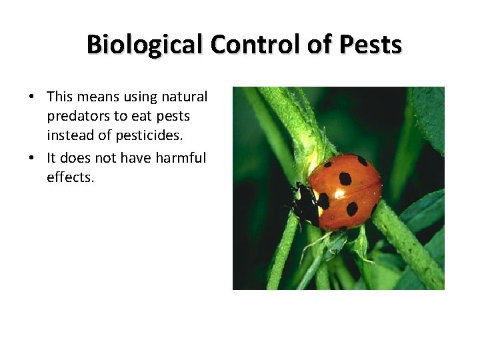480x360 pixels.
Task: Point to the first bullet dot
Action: coord(31,97)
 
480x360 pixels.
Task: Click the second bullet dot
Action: coord(31,159)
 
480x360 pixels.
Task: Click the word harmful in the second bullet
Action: coord(181,157)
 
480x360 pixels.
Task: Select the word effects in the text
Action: coord(70,177)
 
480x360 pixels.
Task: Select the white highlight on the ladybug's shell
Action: coord(339,194)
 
